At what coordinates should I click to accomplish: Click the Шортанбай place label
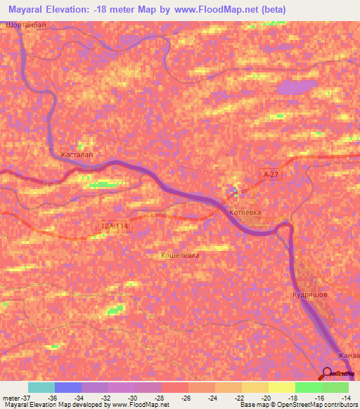click(x=26, y=25)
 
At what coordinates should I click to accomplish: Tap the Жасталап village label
click(x=67, y=152)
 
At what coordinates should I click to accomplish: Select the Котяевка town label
click(x=245, y=211)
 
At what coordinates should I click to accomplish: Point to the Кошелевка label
click(x=180, y=256)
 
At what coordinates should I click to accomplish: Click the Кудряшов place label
click(x=310, y=296)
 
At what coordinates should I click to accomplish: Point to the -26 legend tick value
click(x=187, y=398)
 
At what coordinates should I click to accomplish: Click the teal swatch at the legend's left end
click(x=41, y=387)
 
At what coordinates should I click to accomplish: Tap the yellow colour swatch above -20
click(x=282, y=387)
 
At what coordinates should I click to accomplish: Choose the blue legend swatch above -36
click(x=67, y=387)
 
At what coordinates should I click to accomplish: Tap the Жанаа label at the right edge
click(x=349, y=355)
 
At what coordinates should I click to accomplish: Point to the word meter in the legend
click(x=11, y=398)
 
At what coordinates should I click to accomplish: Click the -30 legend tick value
click(x=134, y=398)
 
